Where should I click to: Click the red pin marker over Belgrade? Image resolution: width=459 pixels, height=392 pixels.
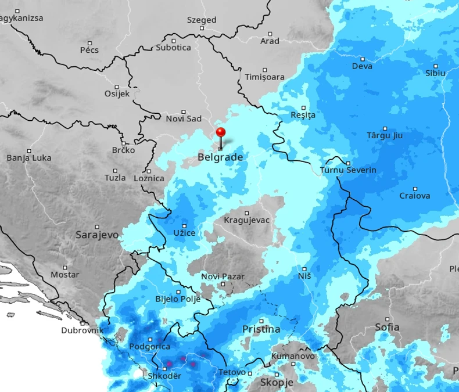click(x=221, y=132)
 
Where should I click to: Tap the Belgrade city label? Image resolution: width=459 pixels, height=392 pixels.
click(x=220, y=157)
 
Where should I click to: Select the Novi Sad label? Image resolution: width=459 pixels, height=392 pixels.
click(x=184, y=118)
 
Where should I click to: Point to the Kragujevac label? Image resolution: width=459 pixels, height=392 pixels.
click(x=246, y=220)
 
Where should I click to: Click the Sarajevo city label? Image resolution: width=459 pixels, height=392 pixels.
click(x=97, y=235)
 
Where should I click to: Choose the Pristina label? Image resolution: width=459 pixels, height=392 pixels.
click(x=261, y=329)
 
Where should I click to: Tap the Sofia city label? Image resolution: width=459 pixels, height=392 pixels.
click(x=387, y=327)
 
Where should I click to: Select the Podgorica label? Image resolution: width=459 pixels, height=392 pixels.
click(x=149, y=346)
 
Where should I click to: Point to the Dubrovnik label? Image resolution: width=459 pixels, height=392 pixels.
click(x=82, y=330)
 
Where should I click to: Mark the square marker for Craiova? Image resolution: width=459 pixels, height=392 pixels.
click(x=415, y=189)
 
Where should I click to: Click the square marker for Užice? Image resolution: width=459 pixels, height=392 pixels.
click(x=185, y=226)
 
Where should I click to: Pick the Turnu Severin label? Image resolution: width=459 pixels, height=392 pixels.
click(x=348, y=170)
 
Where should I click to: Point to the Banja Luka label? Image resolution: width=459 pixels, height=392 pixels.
click(x=29, y=157)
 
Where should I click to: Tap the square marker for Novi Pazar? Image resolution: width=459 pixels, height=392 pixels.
click(x=223, y=284)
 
